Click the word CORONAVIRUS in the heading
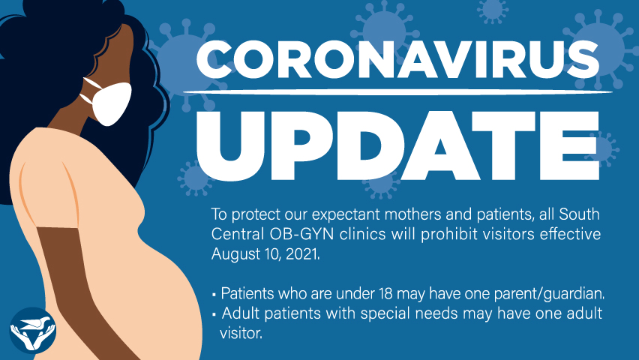pyautogui.click(x=397, y=59)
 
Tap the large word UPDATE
pyautogui.click(x=397, y=145)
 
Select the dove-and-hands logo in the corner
pyautogui.click(x=32, y=330)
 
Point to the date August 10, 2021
pyautogui.click(x=265, y=254)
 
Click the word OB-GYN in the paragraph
pyautogui.click(x=301, y=234)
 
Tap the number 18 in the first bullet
pyautogui.click(x=385, y=293)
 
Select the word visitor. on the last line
pyautogui.click(x=241, y=333)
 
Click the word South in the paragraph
pyautogui.click(x=580, y=214)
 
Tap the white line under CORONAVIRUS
pyautogui.click(x=397, y=92)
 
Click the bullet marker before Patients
pyautogui.click(x=214, y=294)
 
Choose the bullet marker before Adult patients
pyautogui.click(x=214, y=314)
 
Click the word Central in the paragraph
pyautogui.click(x=238, y=234)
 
